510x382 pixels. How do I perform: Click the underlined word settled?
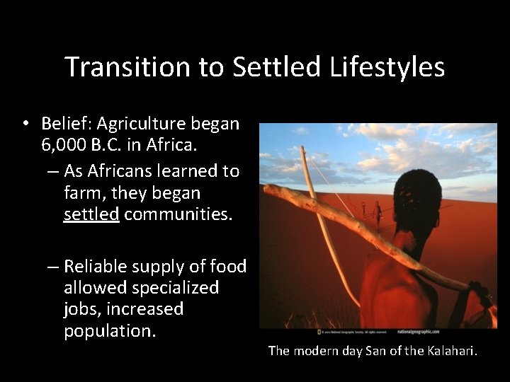pos(91,214)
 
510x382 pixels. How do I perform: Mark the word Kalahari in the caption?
pos(453,351)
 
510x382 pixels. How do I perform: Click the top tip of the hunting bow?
pos(302,148)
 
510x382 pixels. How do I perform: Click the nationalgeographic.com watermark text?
pos(418,330)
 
